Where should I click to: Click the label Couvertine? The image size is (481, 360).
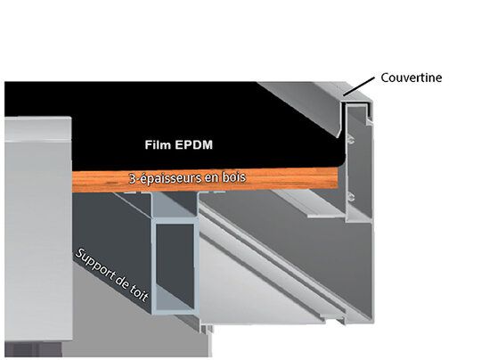coord(411,78)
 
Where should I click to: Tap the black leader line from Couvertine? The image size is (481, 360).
coord(359,86)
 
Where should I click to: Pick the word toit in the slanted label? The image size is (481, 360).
coord(138,293)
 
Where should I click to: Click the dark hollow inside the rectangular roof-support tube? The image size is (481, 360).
coord(175,264)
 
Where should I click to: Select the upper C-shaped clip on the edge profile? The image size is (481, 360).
coord(351,141)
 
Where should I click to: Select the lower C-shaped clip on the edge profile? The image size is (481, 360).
coord(351,197)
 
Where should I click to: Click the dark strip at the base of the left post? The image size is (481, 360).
coord(33,349)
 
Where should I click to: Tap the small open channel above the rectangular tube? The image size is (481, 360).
coord(175,204)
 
